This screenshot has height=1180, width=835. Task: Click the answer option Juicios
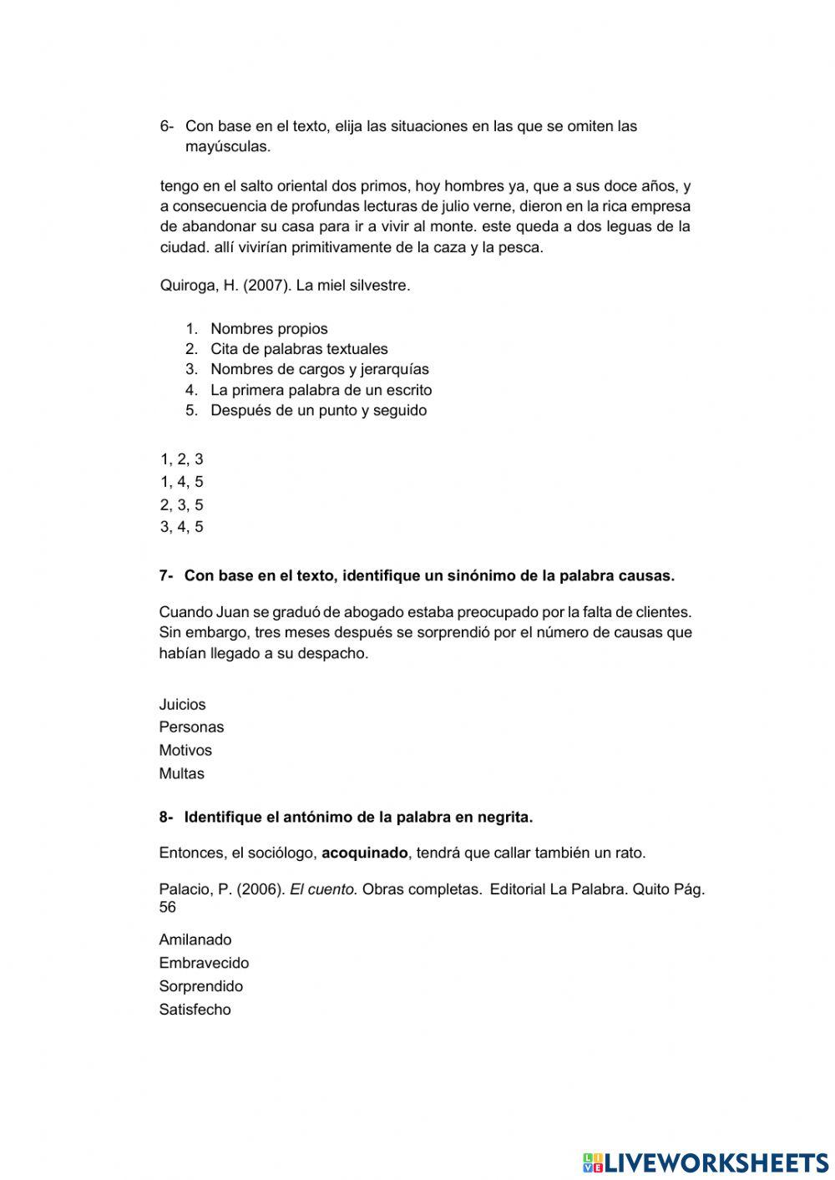click(x=182, y=704)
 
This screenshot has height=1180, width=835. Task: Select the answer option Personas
click(x=191, y=727)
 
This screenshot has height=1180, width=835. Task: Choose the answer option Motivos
click(x=185, y=750)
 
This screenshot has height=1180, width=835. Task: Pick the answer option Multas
click(x=181, y=773)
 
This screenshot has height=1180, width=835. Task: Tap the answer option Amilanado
click(x=195, y=939)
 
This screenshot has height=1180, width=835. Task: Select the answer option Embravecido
click(x=204, y=963)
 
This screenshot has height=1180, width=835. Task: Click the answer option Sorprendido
click(x=201, y=986)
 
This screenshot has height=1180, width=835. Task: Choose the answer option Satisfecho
click(x=195, y=1010)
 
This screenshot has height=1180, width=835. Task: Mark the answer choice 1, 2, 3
click(x=181, y=458)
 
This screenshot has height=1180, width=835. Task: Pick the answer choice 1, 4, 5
click(x=181, y=482)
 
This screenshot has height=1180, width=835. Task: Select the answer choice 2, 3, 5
click(x=181, y=504)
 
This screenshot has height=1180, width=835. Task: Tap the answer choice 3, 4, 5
click(x=181, y=527)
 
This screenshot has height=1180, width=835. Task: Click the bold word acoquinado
click(x=365, y=853)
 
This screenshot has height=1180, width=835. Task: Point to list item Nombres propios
click(x=269, y=329)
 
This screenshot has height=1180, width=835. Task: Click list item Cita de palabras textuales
click(x=299, y=349)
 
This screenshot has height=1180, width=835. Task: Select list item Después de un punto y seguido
click(x=318, y=410)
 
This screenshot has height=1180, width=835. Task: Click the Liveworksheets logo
click(x=705, y=1162)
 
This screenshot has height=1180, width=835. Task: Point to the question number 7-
click(x=166, y=575)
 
